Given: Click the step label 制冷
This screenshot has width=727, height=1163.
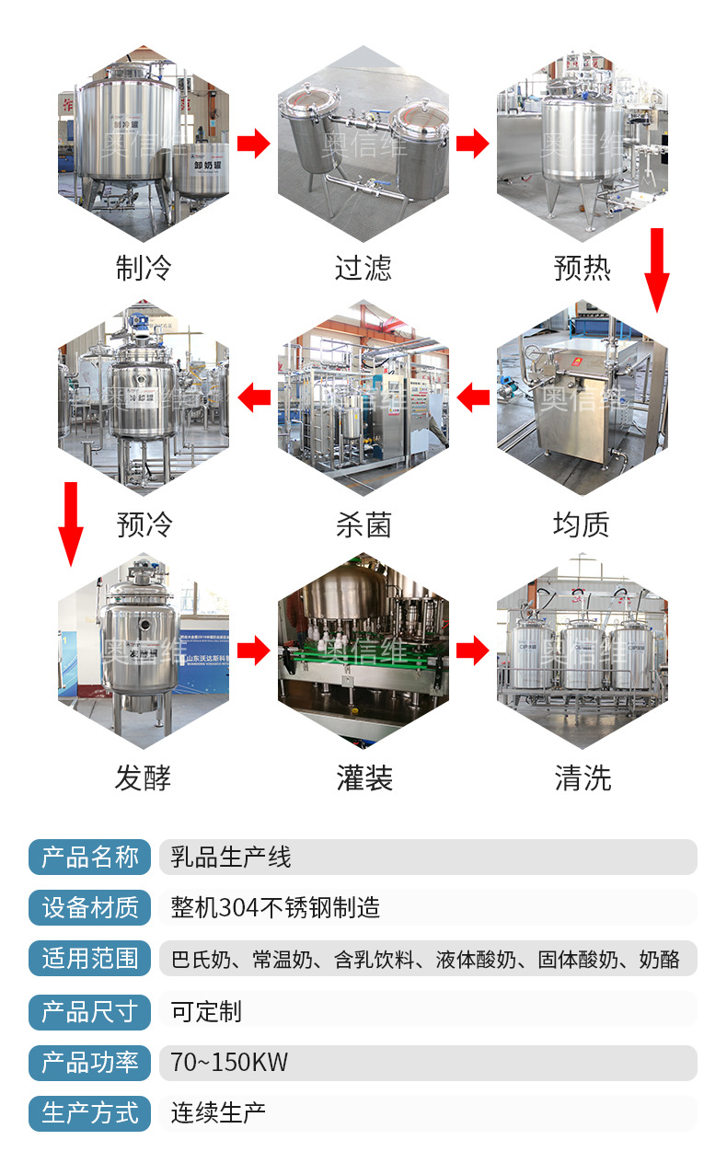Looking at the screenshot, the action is click(x=144, y=269).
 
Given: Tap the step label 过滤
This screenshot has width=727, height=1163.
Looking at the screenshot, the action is click(x=363, y=269).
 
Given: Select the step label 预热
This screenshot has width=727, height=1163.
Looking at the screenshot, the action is click(x=583, y=269).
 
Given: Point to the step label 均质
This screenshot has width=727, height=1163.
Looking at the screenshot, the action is click(x=583, y=524).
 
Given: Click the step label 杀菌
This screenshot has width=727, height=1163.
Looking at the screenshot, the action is click(x=363, y=524).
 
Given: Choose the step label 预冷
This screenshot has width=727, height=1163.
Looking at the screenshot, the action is click(x=144, y=524).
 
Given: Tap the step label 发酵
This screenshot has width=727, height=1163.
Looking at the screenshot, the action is click(x=144, y=778).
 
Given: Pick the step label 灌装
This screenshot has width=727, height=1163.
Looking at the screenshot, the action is click(x=364, y=778).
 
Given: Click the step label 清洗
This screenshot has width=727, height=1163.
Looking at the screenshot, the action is click(x=583, y=778).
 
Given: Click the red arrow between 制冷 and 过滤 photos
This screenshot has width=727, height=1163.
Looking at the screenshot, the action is click(x=253, y=144).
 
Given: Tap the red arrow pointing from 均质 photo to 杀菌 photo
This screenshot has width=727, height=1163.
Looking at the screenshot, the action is click(x=473, y=398).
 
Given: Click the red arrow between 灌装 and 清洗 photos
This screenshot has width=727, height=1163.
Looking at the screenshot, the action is click(x=473, y=651).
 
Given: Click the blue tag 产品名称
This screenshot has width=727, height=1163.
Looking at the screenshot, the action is click(x=90, y=858).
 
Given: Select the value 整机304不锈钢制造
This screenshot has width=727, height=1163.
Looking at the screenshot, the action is click(x=275, y=908).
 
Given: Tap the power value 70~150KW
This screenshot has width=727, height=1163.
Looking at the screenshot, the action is click(x=229, y=1063).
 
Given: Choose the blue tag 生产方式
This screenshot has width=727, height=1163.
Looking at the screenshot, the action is click(x=90, y=1113).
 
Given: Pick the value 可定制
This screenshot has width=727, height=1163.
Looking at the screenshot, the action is click(x=206, y=1011).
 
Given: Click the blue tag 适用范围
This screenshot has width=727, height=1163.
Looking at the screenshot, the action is click(x=90, y=959).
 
